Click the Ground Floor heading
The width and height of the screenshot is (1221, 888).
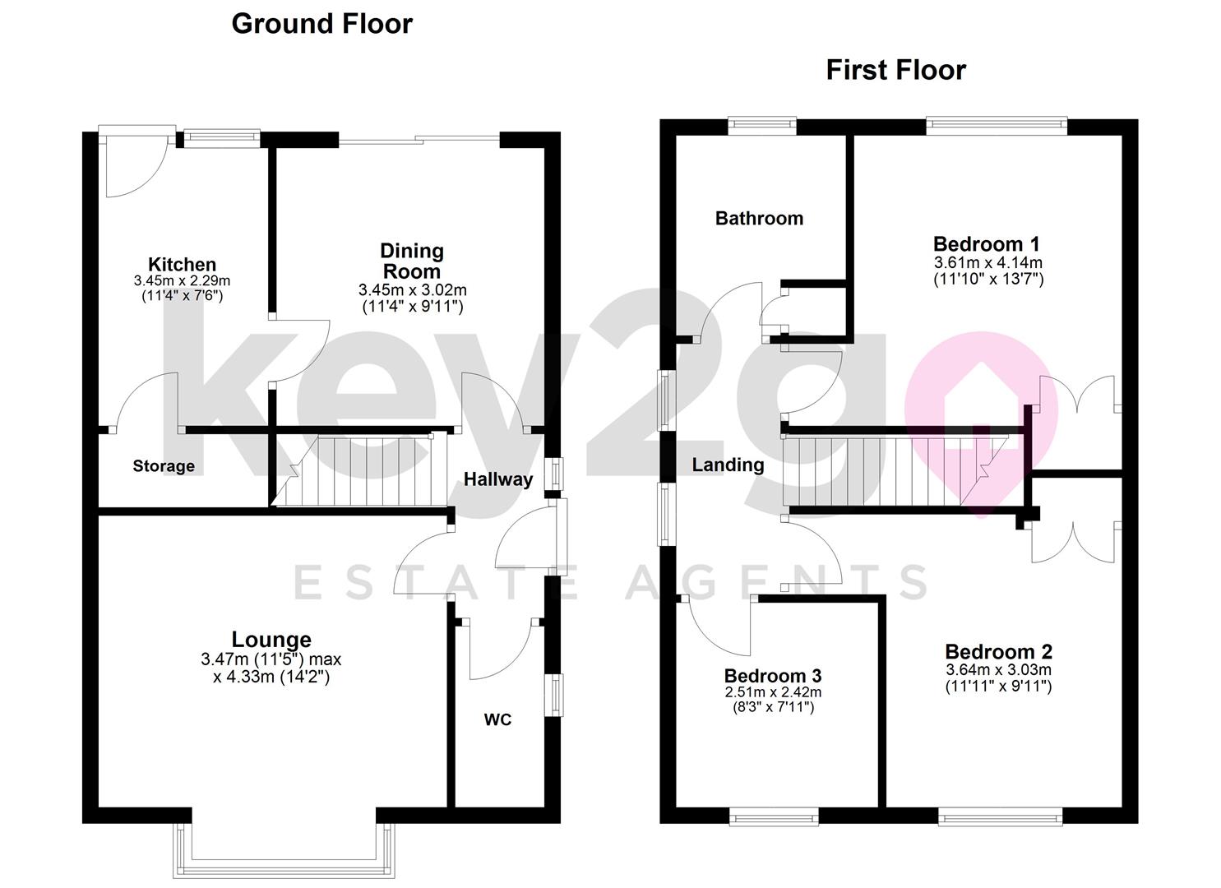(x=321, y=24)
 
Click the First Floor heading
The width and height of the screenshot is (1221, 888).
(x=895, y=70)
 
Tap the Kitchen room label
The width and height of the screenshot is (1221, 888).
(x=182, y=264)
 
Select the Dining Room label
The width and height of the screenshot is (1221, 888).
(x=411, y=261)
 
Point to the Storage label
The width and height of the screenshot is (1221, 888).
(x=164, y=466)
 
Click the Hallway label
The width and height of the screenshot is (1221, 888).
(x=497, y=479)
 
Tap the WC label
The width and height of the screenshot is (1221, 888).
(x=497, y=719)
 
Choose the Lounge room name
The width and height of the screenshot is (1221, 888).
(x=271, y=639)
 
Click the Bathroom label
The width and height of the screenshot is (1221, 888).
(x=759, y=218)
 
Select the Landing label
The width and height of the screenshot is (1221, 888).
(x=728, y=465)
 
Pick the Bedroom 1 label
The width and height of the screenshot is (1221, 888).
(x=986, y=243)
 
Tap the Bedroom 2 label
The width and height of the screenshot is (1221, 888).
(x=998, y=652)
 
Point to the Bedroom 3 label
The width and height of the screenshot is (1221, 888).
(x=772, y=675)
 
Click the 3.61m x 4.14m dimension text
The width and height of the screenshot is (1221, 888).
(x=987, y=263)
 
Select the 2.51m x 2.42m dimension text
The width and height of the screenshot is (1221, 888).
(x=772, y=692)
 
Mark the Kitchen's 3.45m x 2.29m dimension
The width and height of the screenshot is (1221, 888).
(x=182, y=280)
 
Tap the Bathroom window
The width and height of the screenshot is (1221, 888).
(x=762, y=126)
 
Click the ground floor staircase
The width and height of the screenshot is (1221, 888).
(x=362, y=470)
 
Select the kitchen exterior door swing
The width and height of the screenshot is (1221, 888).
(x=132, y=169)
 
